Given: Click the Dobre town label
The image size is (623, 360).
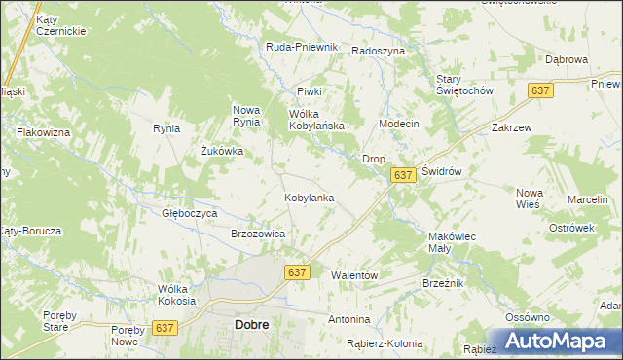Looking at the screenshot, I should pyautogui.click(x=252, y=325).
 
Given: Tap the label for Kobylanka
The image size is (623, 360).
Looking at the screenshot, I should pyautogui.click(x=310, y=198).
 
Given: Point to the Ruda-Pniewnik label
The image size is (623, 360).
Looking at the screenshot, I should pyautogui.click(x=302, y=47).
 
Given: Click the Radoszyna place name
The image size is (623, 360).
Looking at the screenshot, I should pyautogui.click(x=378, y=51).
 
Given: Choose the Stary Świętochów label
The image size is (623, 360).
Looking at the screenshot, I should pyautogui.click(x=464, y=85).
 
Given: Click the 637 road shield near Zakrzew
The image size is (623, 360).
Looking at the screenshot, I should pyautogui.click(x=542, y=90).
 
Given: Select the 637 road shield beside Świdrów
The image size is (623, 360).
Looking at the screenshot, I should pyautogui.click(x=404, y=174).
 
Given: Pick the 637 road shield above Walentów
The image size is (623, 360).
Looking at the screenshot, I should pyautogui.click(x=297, y=273).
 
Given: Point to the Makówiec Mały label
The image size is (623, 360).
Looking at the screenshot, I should pyautogui.click(x=451, y=242).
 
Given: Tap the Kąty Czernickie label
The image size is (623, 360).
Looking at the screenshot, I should pyautogui.click(x=60, y=25).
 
